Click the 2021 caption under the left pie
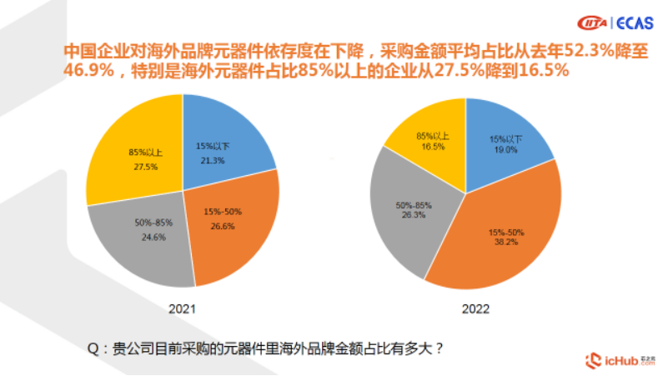pyautogui.click(x=183, y=308)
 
